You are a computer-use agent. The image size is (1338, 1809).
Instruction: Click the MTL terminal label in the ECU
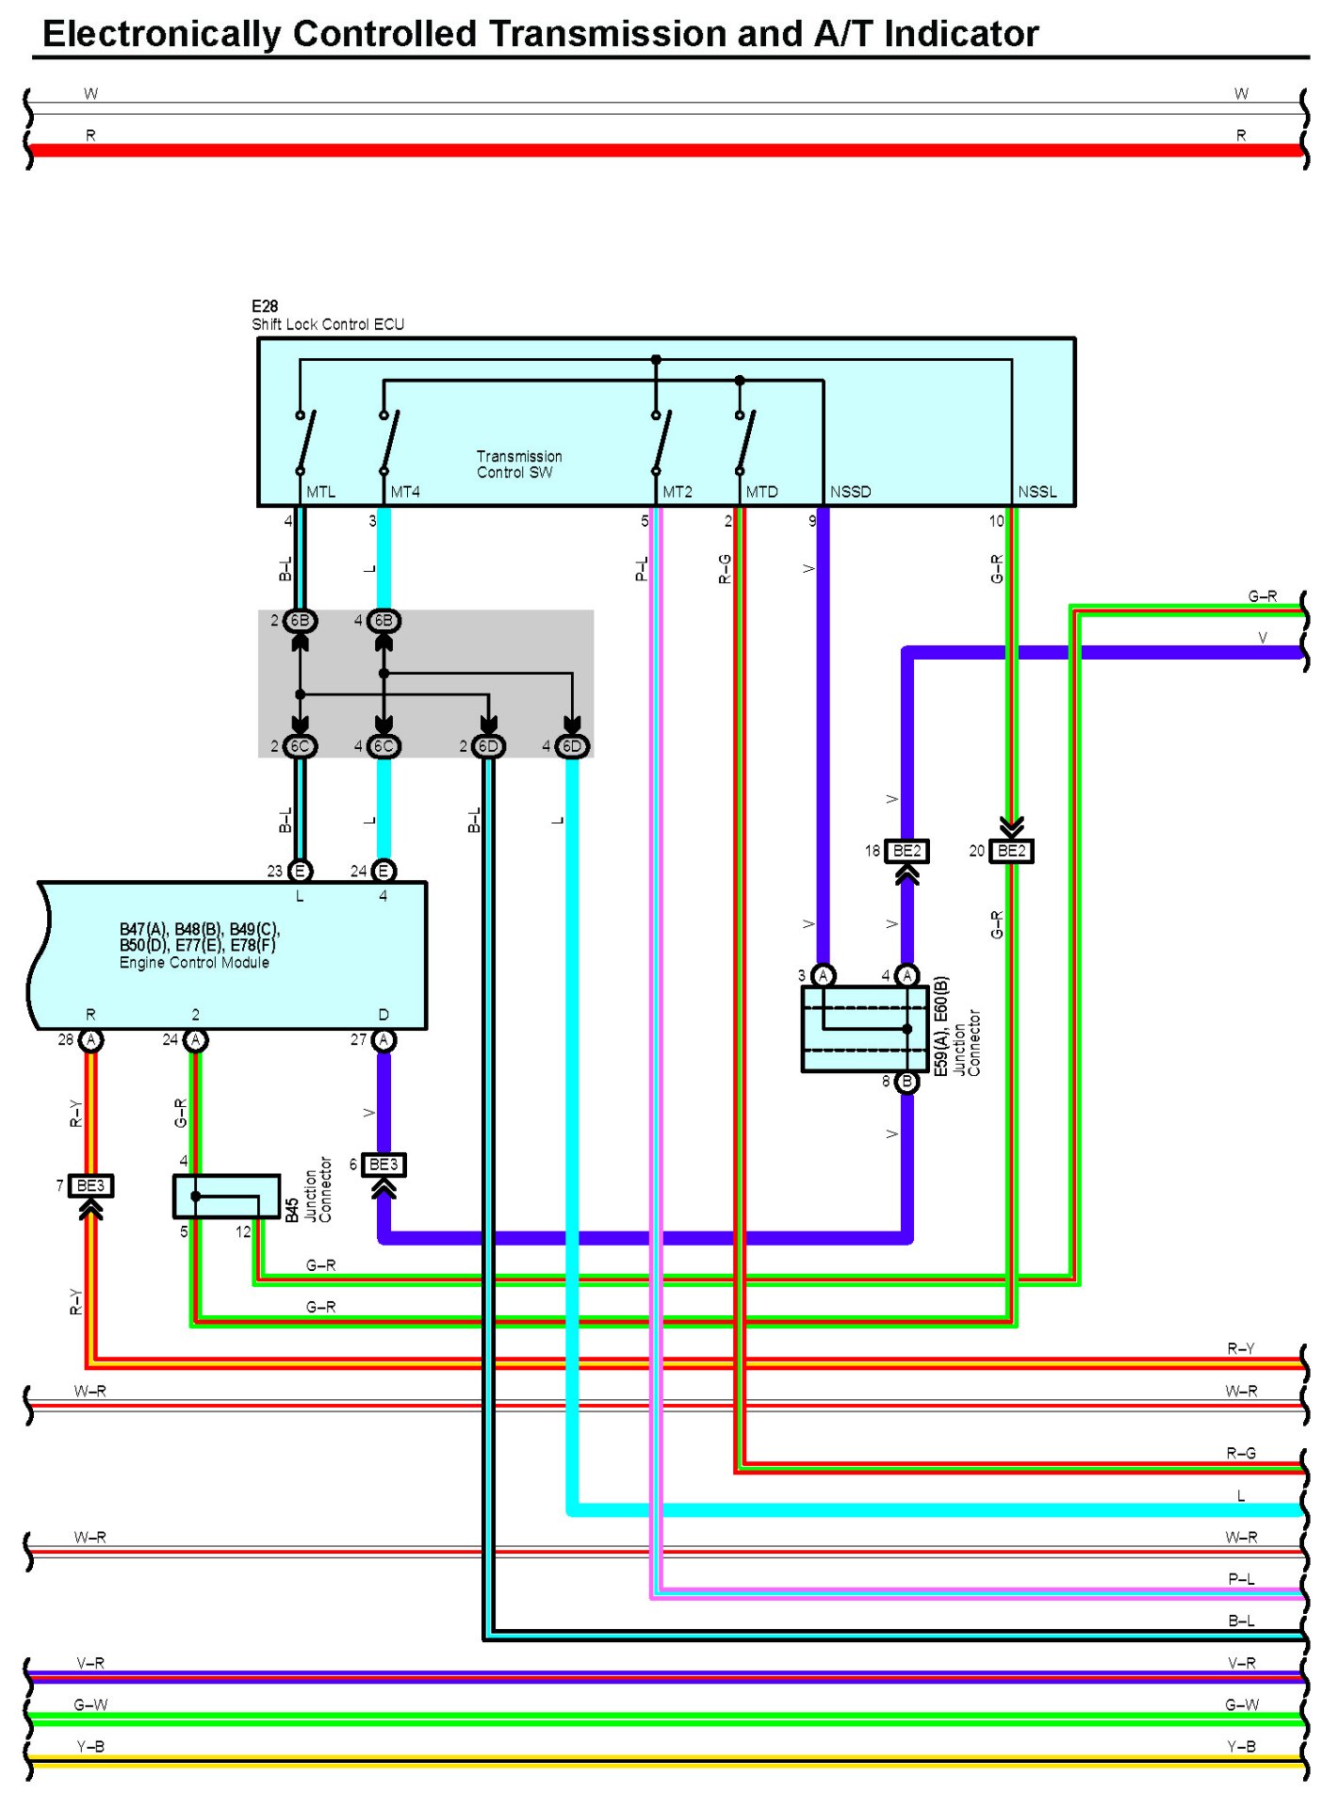[320, 492]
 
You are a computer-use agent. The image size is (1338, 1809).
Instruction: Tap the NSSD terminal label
[850, 492]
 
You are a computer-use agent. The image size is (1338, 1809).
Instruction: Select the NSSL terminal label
[1037, 492]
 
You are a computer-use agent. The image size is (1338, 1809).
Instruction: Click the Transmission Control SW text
[519, 464]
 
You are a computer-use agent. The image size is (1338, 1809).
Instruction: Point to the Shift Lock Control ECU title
[328, 324]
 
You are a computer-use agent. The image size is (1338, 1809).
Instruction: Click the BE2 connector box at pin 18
[906, 851]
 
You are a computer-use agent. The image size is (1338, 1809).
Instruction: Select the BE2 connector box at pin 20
[1011, 851]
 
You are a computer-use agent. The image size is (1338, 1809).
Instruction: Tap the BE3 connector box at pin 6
[383, 1165]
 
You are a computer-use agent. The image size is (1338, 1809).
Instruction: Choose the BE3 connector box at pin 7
[90, 1185]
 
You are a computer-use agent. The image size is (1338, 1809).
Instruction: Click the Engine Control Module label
[194, 963]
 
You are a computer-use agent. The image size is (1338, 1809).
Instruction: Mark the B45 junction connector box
[226, 1196]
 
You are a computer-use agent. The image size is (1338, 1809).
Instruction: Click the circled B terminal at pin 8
[906, 1082]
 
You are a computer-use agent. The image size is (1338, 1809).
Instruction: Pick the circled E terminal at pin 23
[300, 872]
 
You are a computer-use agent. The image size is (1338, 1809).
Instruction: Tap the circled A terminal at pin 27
[383, 1040]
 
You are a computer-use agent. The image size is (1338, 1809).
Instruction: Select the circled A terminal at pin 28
[90, 1040]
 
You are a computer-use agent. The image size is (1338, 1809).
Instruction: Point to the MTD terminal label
[762, 492]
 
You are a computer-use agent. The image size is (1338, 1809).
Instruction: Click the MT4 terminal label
[405, 492]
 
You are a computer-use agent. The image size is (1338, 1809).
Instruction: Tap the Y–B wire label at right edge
[1241, 1747]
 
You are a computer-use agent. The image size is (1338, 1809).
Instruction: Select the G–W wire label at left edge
[90, 1705]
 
